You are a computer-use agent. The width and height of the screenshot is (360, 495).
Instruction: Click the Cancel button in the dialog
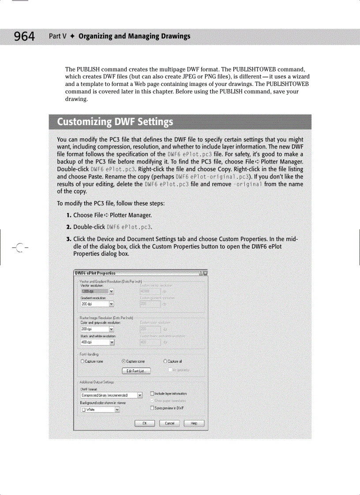[169, 423]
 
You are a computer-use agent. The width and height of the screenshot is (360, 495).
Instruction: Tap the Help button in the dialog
[193, 423]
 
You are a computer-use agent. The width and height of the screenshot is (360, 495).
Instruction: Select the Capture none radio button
[82, 361]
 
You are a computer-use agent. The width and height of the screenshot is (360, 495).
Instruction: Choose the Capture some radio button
[124, 361]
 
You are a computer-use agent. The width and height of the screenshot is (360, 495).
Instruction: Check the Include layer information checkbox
[153, 393]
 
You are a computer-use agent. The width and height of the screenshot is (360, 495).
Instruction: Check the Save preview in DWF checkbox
[153, 408]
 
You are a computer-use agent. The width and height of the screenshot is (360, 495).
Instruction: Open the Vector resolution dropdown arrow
[112, 291]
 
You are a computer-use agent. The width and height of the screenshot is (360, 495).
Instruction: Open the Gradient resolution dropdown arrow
[112, 304]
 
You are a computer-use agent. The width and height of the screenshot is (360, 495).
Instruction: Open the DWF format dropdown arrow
[140, 395]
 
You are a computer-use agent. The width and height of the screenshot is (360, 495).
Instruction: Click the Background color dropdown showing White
[101, 409]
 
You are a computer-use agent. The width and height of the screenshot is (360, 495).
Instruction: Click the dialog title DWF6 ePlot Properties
[96, 273]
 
